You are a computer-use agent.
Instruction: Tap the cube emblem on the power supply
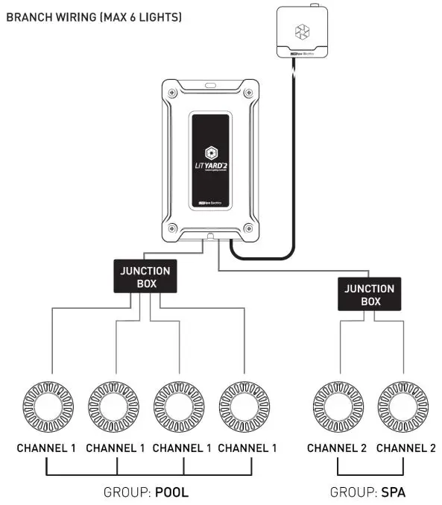(303, 31)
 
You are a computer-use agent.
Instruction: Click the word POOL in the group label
(171, 492)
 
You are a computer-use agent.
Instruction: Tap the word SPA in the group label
(393, 492)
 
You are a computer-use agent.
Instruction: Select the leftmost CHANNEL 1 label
(47, 448)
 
